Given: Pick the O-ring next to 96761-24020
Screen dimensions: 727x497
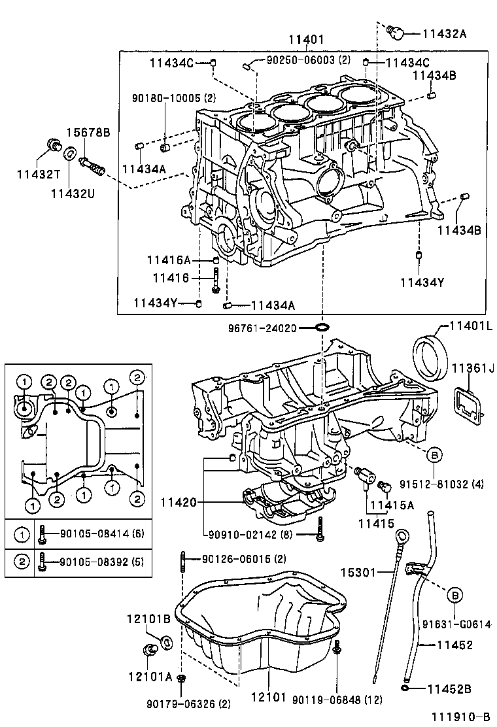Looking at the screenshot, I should pyautogui.click(x=322, y=326).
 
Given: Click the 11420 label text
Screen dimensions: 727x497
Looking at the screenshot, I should pyautogui.click(x=177, y=502).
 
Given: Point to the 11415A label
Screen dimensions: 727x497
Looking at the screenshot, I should pyautogui.click(x=392, y=504).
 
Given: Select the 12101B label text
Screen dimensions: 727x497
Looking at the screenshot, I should pyautogui.click(x=148, y=618).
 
